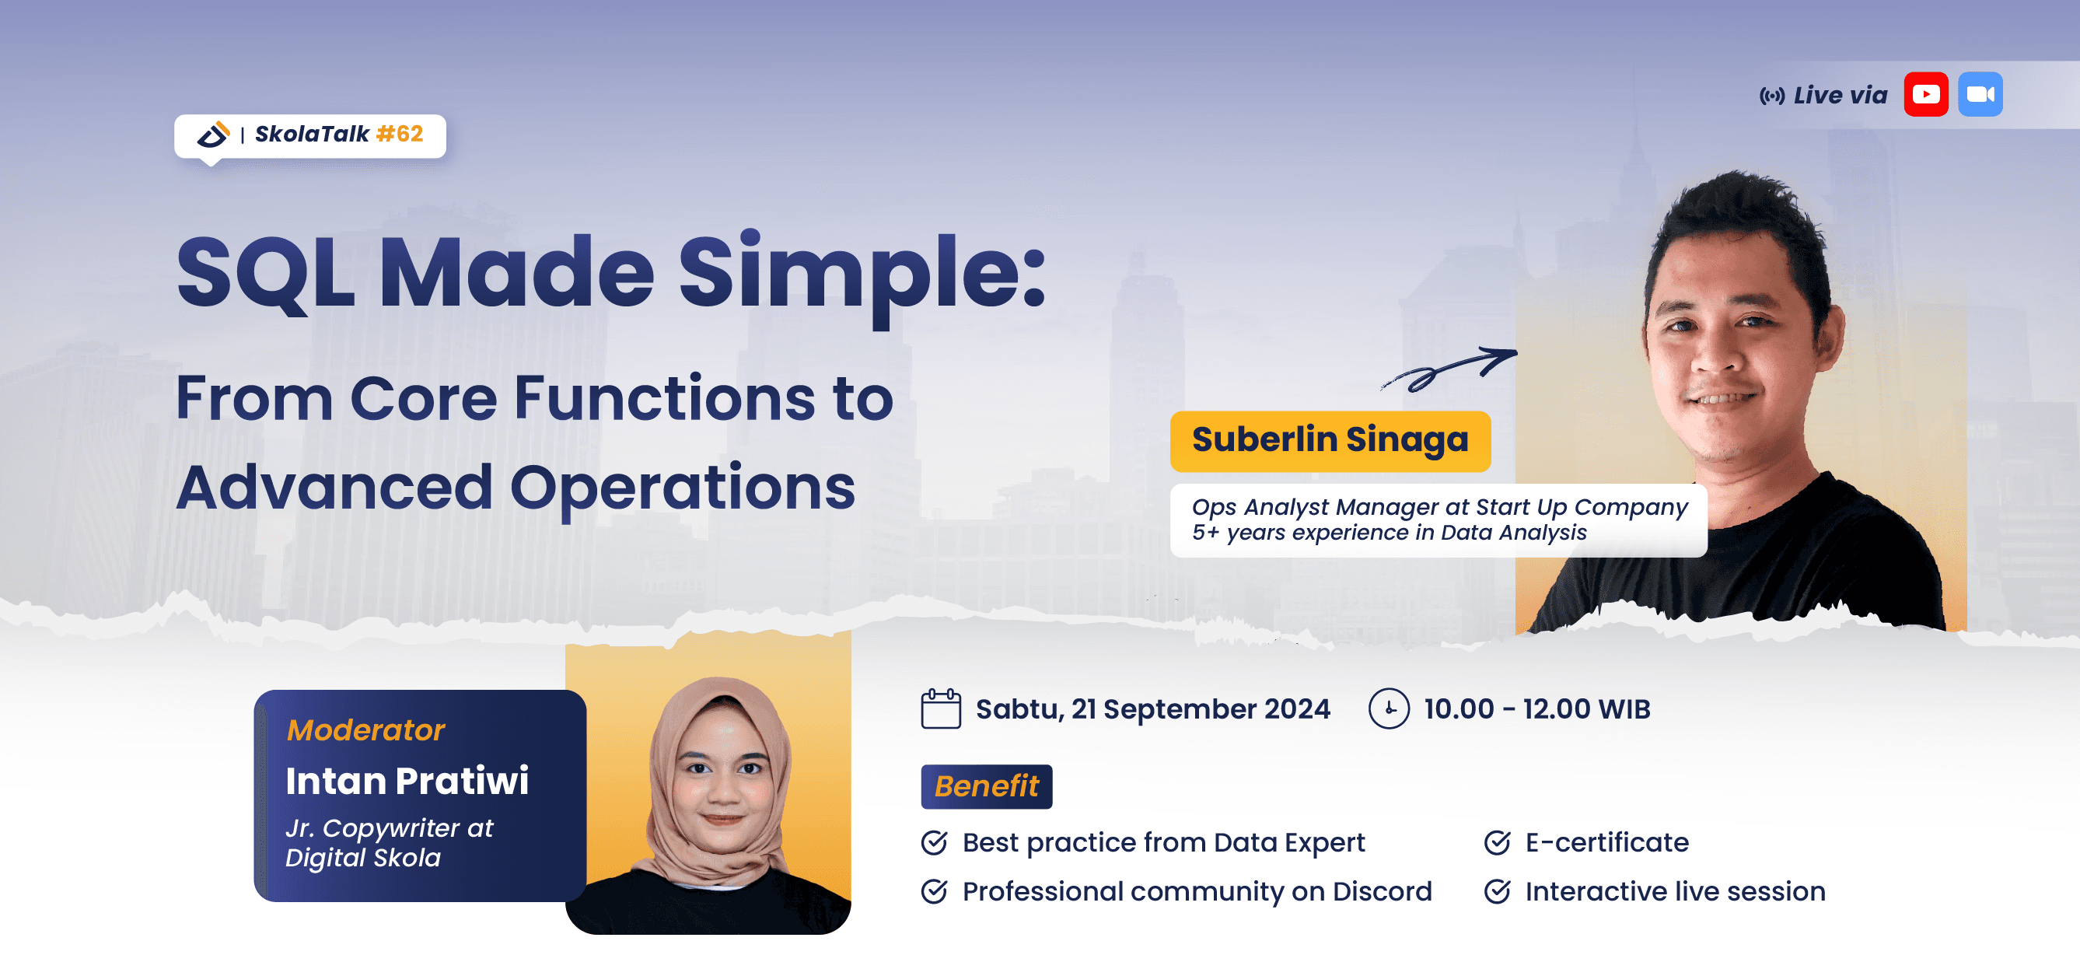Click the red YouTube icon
tap(1926, 94)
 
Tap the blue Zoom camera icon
tap(1980, 94)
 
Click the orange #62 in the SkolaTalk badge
tap(400, 133)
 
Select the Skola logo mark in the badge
tap(214, 134)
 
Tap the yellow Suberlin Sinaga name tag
tap(1330, 441)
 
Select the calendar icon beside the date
tap(941, 708)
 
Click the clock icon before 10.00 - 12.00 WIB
tap(1389, 708)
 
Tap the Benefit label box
tap(987, 786)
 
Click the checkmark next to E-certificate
tap(1497, 843)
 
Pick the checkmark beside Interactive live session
tap(1497, 891)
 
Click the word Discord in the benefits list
tap(1382, 891)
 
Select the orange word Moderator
tap(365, 729)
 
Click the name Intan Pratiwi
tap(407, 781)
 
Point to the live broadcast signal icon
tap(1772, 96)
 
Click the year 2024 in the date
tap(1297, 708)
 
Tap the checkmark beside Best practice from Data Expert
tap(934, 843)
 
